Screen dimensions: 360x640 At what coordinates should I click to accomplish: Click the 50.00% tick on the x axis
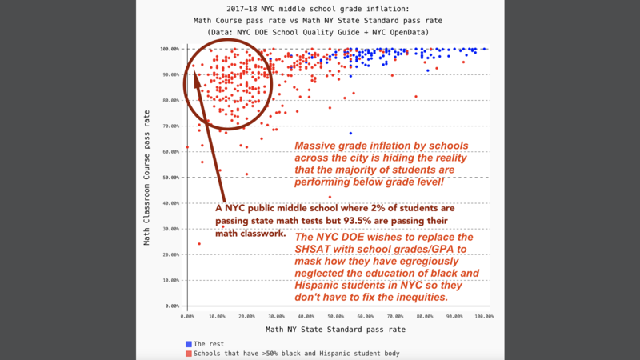(x=335, y=317)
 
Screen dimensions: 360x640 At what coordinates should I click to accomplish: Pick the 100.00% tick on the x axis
(x=483, y=317)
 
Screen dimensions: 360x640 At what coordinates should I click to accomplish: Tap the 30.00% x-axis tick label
(x=276, y=317)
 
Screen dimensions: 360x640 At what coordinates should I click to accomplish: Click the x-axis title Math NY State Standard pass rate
(x=336, y=330)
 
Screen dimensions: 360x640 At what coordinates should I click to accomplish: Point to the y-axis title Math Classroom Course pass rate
(x=146, y=178)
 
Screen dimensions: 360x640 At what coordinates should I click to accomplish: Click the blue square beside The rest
(x=188, y=344)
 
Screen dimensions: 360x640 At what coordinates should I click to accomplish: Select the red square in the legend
(x=188, y=353)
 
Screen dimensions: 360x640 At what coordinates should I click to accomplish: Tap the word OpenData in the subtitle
(x=405, y=31)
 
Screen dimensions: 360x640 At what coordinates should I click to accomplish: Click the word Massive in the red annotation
(x=317, y=146)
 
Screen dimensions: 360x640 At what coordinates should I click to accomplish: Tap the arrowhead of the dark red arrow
(x=196, y=74)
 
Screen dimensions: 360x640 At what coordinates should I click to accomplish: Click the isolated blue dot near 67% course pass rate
(x=350, y=134)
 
